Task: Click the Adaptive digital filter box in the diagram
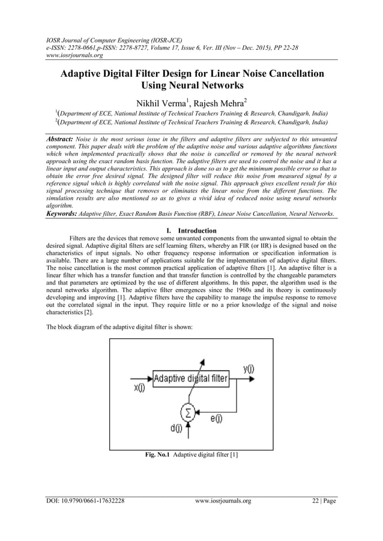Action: pyautogui.click(x=190, y=378)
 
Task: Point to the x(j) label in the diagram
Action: pyautogui.click(x=139, y=388)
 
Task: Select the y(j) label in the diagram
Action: pyautogui.click(x=247, y=369)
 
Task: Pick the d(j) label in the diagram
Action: pyautogui.click(x=176, y=428)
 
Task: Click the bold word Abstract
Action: pyautogui.click(x=63, y=138)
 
